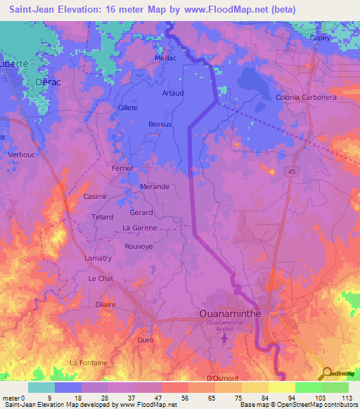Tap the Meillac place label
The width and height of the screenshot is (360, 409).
(x=167, y=58)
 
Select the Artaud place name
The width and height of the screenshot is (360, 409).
(x=172, y=93)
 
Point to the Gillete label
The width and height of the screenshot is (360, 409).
(x=128, y=108)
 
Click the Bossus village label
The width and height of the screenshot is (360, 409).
(x=160, y=124)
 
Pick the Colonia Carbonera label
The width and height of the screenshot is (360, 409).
(x=307, y=97)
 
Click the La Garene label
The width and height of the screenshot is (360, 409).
(x=139, y=228)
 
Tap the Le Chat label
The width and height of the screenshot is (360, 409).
(x=101, y=279)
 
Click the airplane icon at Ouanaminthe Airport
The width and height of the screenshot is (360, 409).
(x=225, y=339)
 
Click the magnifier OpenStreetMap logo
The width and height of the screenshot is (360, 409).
(x=326, y=373)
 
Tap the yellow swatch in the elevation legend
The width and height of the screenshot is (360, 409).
(x=281, y=387)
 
